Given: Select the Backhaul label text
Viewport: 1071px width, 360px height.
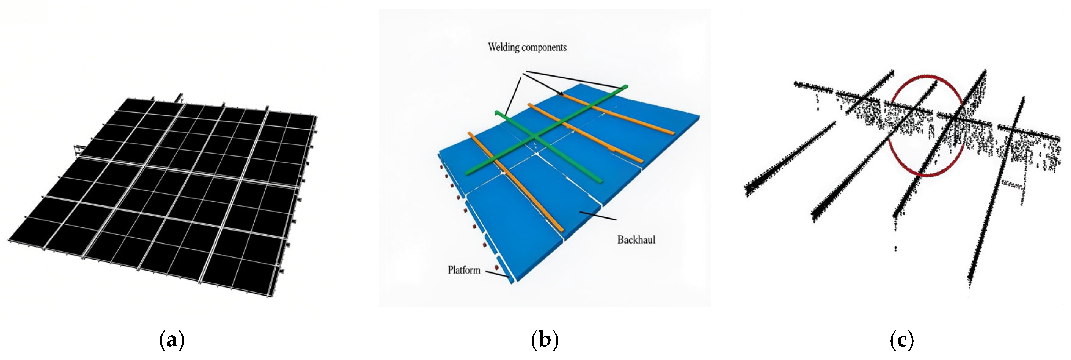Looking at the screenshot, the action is pyautogui.click(x=636, y=240).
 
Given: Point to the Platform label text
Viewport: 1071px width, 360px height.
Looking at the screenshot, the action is pyautogui.click(x=464, y=270).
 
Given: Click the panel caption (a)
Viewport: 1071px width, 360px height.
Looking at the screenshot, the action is pyautogui.click(x=172, y=340).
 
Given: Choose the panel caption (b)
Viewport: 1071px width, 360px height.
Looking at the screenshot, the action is pyautogui.click(x=545, y=340).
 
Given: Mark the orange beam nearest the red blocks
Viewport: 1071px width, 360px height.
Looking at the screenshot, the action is pyautogui.click(x=516, y=182).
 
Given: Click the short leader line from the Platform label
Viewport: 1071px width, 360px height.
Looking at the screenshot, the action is pyautogui.click(x=497, y=275).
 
